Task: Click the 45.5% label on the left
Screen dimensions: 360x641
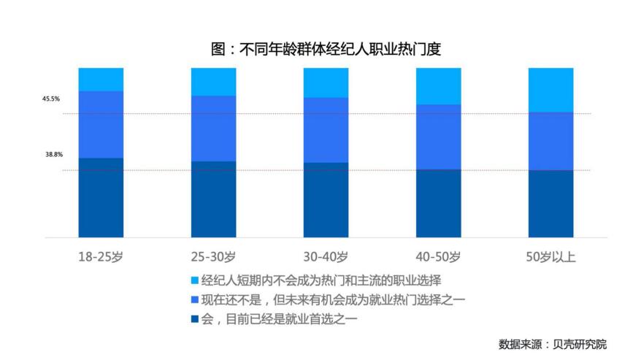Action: click(x=51, y=99)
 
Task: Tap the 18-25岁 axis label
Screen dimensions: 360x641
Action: click(x=101, y=256)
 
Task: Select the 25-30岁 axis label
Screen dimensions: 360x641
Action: click(x=213, y=256)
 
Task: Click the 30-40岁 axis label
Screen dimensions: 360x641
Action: click(x=326, y=256)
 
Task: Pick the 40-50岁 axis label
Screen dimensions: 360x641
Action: click(x=438, y=256)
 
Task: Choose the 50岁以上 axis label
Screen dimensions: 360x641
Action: click(x=550, y=256)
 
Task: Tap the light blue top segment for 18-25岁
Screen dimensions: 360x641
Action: click(x=101, y=79)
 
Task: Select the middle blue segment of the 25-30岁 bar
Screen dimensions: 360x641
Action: click(x=213, y=129)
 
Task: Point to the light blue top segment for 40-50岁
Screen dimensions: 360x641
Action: click(x=438, y=85)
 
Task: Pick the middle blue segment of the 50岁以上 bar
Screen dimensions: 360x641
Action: click(x=550, y=141)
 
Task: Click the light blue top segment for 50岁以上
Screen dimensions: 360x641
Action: click(x=550, y=89)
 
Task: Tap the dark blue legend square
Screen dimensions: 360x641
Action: click(x=193, y=318)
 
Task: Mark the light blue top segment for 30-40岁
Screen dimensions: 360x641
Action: click(x=326, y=83)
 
